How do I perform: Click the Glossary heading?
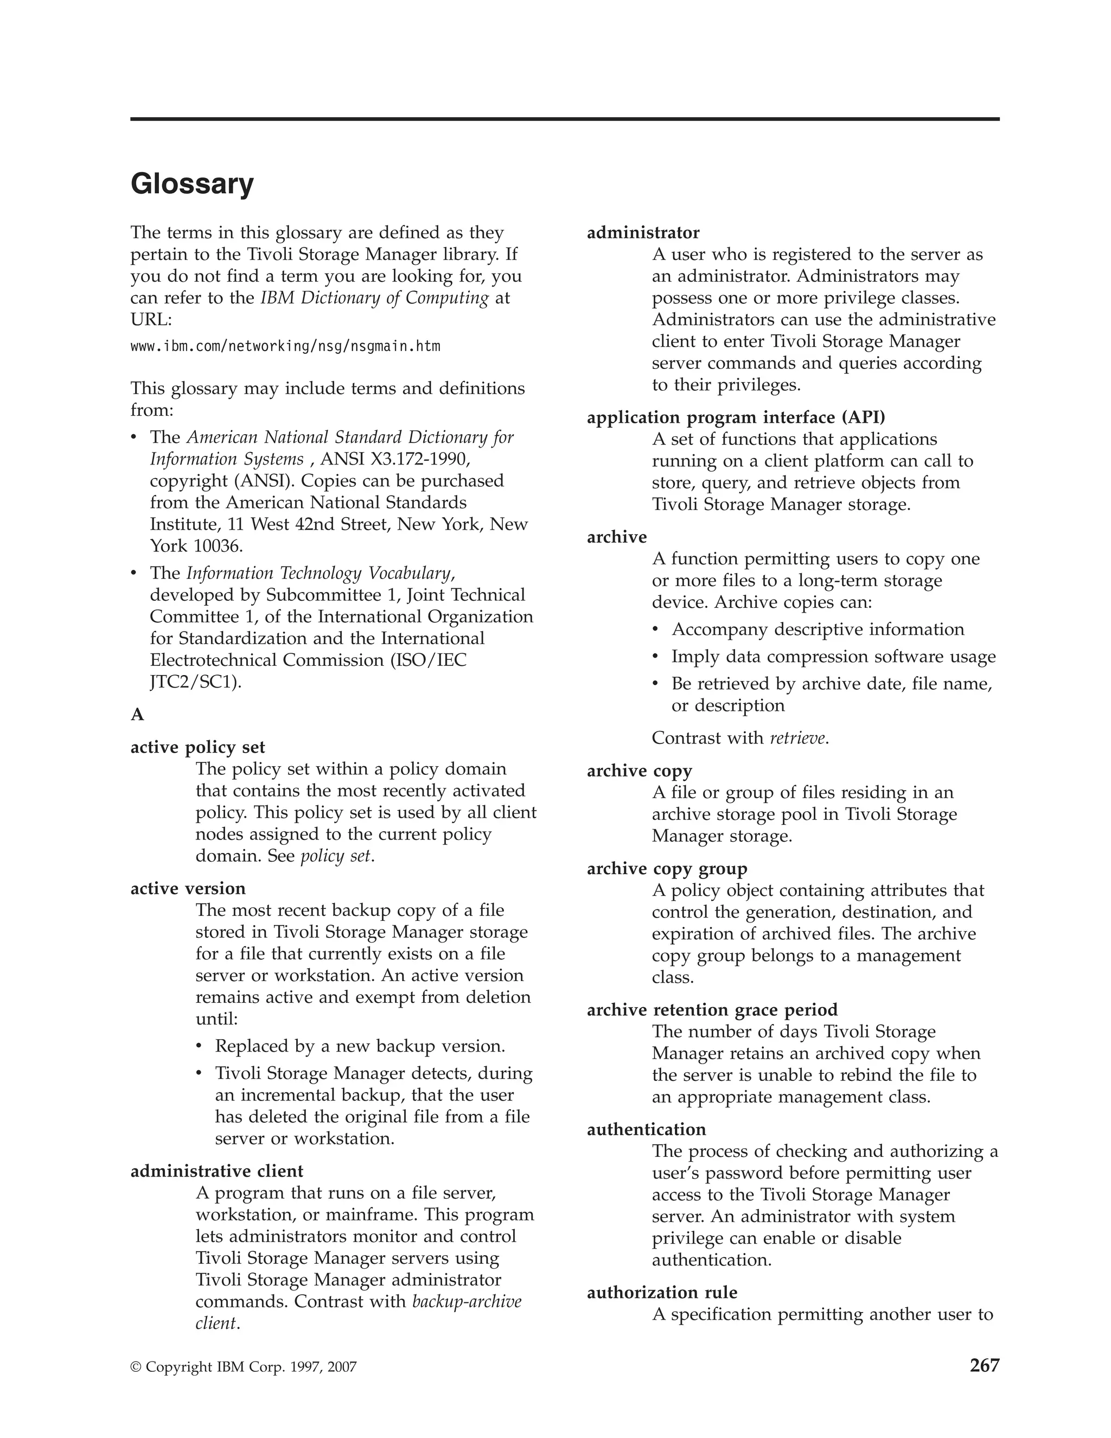(191, 184)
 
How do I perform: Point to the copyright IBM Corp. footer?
(244, 1367)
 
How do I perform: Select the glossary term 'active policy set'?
(197, 747)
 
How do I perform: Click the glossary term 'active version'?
(188, 888)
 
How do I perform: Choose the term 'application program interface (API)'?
(736, 417)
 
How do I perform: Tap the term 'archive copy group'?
(667, 868)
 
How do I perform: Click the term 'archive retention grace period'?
(712, 1010)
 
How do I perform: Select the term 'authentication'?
(646, 1129)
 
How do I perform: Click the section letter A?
(137, 715)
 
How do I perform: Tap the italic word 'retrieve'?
(797, 738)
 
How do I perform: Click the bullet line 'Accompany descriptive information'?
(818, 629)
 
